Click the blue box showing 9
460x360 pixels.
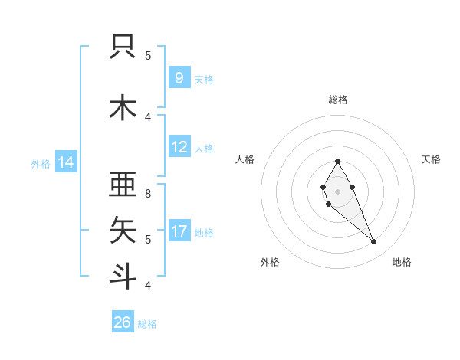179,77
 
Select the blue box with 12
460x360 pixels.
179,147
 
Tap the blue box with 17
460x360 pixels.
179,231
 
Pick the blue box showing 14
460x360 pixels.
65,162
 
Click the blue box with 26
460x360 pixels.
123,322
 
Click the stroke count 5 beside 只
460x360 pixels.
148,55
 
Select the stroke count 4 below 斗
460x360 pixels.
148,285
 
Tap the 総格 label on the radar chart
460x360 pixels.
337,100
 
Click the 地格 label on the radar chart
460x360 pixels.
402,262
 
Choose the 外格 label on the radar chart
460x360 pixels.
270,262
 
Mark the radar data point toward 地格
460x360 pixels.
373,242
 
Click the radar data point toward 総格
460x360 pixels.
337,161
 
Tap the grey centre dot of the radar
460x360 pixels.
337,191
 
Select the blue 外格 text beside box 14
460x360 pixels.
40,163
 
